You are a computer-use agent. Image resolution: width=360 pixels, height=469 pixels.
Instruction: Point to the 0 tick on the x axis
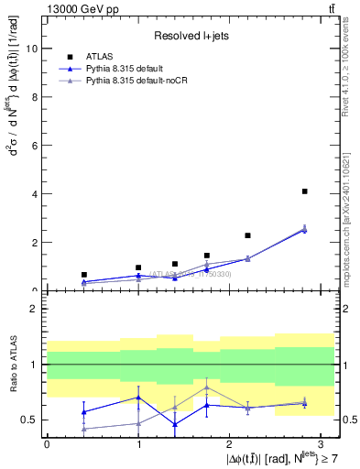pos(47,443)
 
